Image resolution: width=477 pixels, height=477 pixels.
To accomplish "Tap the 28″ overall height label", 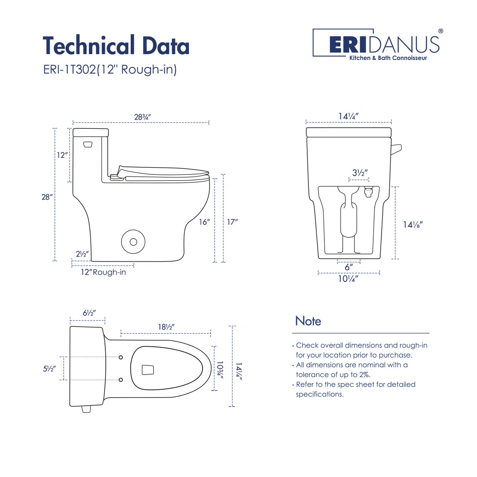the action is point(47,197).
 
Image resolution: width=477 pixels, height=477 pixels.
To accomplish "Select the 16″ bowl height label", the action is point(204,222).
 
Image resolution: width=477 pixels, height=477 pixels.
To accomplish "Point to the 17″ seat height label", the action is point(233,222).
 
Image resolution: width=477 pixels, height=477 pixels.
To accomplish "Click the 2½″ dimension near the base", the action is point(82,254).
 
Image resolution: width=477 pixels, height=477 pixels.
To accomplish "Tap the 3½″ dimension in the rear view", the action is point(360,173).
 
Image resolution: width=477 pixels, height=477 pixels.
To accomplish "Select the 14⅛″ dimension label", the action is point(413,225).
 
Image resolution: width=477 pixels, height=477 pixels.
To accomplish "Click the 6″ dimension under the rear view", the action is point(349,267).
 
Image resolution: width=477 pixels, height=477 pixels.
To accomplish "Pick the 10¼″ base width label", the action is point(348,279).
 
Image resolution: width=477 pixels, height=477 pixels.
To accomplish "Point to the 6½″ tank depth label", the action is point(89,313).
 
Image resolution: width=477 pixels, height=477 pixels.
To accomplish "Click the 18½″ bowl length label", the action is point(166,327).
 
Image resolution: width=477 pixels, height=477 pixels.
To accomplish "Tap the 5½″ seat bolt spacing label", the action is point(49,369).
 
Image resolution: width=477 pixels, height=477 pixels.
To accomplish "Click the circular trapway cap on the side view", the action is point(133,242).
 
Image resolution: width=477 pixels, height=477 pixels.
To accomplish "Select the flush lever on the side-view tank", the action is point(87,144).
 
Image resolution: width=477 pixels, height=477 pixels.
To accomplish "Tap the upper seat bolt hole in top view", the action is point(121,357).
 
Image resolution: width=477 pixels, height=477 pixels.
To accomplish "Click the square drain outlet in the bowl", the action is point(148,370).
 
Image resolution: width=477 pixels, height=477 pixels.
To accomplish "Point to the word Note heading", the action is point(308,321).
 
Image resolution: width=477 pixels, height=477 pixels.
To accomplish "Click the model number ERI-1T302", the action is point(70,70).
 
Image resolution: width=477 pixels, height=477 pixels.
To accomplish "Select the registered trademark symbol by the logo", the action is point(440,31).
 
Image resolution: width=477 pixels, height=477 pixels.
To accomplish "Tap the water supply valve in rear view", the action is point(368,192).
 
